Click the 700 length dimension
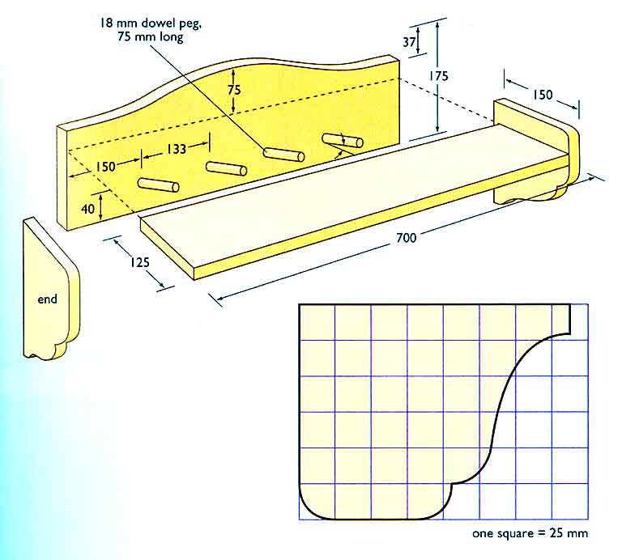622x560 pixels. [407, 238]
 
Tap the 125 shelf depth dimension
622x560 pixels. [140, 262]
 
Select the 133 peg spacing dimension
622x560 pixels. [176, 149]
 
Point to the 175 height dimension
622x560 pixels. [439, 76]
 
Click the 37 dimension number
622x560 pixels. [409, 41]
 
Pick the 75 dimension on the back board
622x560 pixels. [234, 90]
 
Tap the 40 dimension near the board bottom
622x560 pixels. [87, 208]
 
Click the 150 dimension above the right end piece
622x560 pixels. [543, 95]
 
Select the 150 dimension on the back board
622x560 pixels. [105, 167]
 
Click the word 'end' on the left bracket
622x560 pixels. [47, 299]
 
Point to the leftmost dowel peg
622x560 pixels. [158, 185]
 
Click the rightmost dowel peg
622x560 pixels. [343, 141]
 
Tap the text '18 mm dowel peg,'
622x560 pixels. [151, 23]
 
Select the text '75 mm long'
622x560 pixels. [151, 37]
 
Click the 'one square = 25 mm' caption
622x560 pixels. [530, 533]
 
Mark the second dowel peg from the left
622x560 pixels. [226, 168]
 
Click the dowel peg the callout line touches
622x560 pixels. [284, 155]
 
